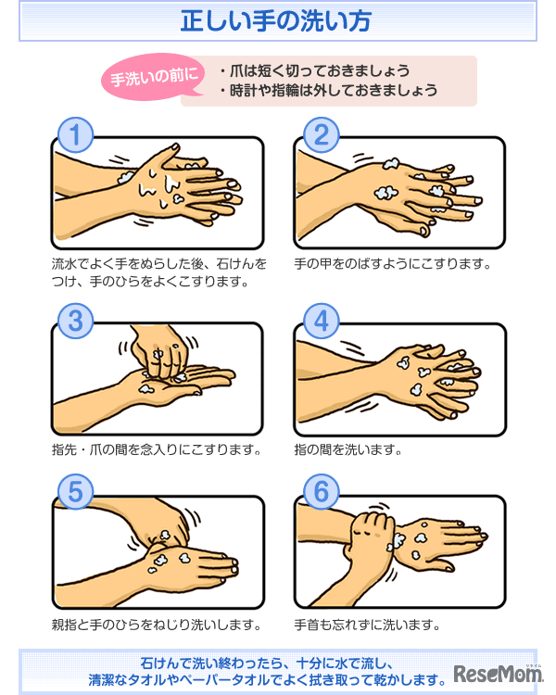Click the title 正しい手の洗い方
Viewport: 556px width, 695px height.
coord(278,19)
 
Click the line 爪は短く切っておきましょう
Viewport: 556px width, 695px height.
coord(316,70)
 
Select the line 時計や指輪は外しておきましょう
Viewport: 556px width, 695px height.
coord(329,91)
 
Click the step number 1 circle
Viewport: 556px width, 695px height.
coord(76,135)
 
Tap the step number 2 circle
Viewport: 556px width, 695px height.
coord(321,135)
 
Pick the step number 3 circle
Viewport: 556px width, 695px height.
coord(76,321)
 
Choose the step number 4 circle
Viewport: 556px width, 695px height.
coord(321,321)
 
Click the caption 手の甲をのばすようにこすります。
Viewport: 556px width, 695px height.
coord(392,264)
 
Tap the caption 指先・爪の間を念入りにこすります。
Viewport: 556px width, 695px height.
coord(157,450)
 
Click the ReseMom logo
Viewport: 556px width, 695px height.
coord(497,676)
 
